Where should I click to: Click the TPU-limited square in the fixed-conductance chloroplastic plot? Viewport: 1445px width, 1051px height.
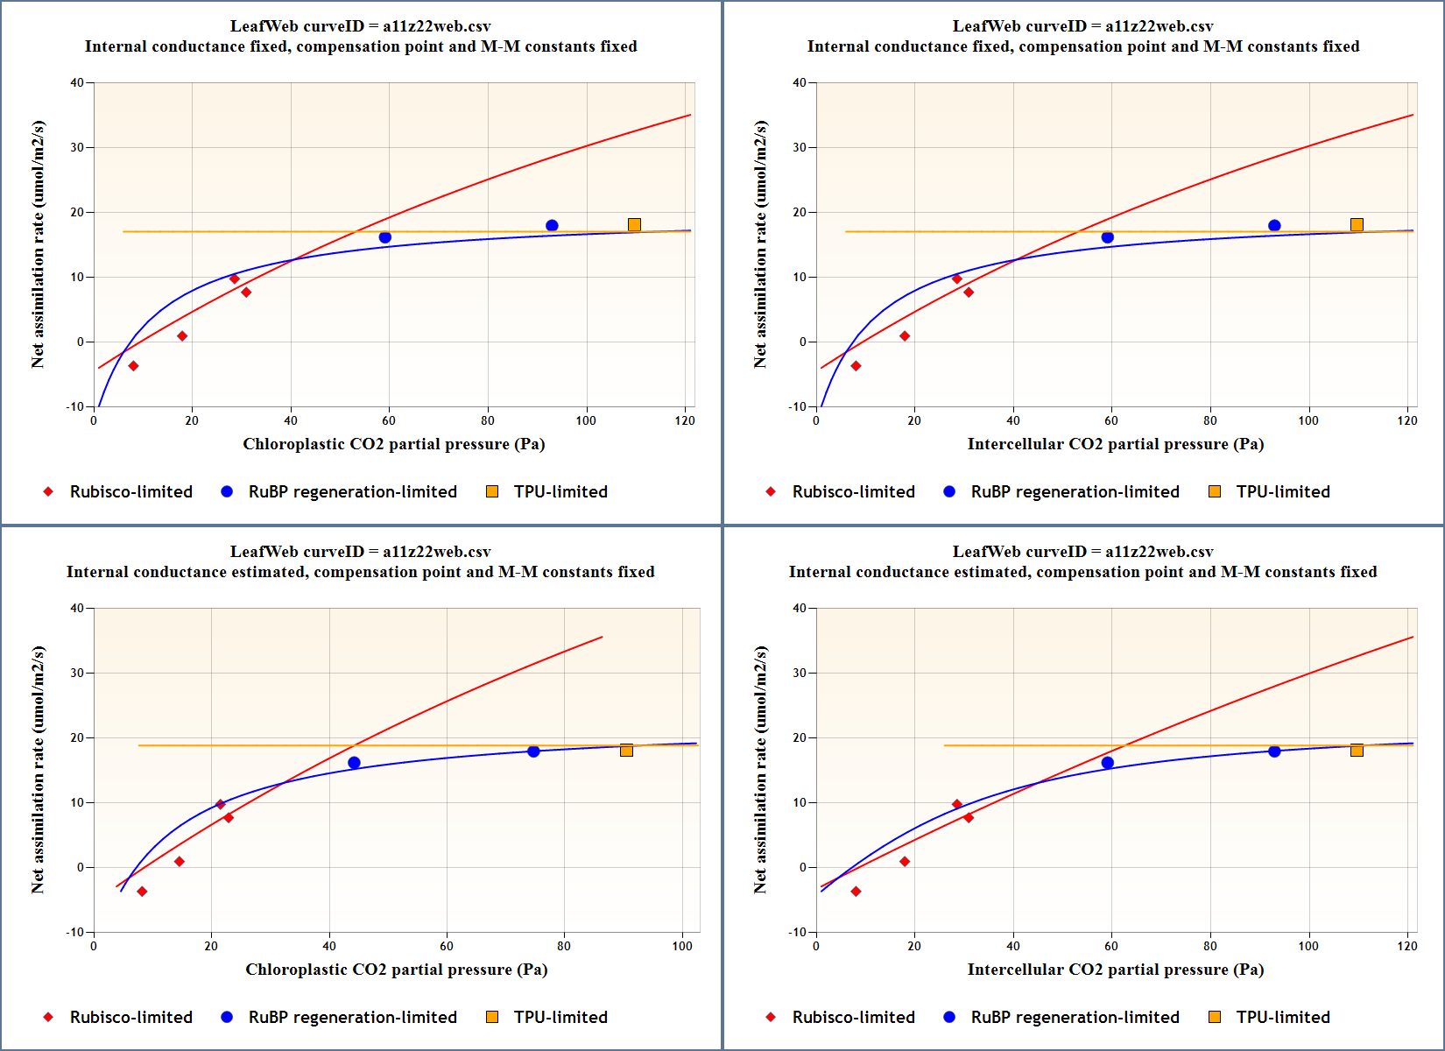634,225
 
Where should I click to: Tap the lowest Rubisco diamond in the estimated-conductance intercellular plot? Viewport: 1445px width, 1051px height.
856,892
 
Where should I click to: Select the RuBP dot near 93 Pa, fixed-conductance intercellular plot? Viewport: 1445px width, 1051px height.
1274,226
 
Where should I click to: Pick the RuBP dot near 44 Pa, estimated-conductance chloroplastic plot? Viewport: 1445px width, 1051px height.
354,763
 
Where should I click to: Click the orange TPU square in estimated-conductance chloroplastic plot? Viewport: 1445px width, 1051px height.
626,751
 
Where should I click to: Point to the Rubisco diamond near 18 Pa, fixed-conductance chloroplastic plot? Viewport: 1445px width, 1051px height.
182,336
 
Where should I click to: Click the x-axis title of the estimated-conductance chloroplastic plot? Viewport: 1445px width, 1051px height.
396,970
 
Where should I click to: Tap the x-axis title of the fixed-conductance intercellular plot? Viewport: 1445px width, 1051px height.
1115,444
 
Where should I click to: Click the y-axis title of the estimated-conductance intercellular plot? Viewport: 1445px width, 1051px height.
759,770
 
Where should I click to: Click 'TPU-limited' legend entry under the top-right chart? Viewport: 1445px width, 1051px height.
1282,491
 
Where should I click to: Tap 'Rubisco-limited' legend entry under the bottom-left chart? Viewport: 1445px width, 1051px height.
130,1017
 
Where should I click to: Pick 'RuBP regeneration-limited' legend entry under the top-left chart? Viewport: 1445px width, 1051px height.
352,491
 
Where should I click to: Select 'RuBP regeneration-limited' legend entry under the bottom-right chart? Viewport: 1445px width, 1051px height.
1075,1017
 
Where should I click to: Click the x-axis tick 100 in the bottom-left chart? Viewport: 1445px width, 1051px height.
682,946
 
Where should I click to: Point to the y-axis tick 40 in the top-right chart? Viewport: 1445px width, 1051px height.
799,83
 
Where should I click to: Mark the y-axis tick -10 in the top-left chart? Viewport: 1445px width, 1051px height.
74,406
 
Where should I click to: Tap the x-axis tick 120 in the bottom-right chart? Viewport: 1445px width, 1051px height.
1407,946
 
